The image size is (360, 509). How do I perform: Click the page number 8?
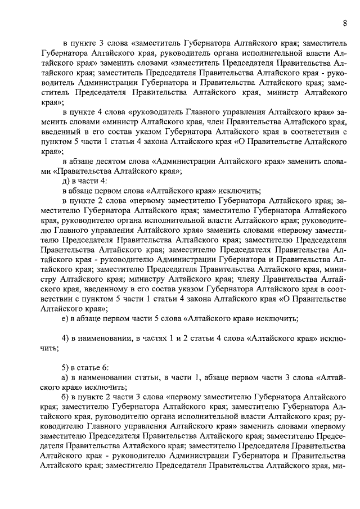(344, 23)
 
